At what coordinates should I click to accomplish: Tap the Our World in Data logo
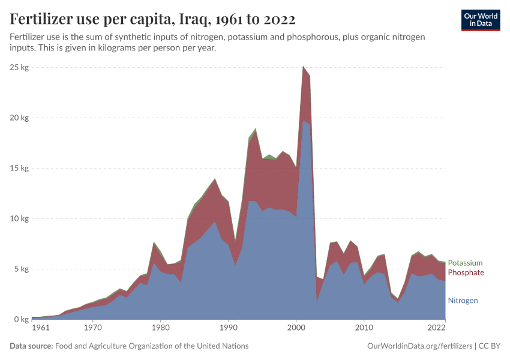(x=480, y=20)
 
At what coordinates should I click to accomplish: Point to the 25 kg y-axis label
(x=20, y=67)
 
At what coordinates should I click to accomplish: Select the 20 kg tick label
(x=20, y=118)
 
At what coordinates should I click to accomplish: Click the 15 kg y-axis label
(x=20, y=168)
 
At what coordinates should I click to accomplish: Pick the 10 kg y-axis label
(x=20, y=218)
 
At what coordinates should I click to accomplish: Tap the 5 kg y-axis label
(x=22, y=269)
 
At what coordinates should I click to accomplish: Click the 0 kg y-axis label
(x=22, y=319)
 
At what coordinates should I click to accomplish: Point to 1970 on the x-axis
(x=92, y=328)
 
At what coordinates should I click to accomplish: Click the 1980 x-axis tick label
(x=160, y=328)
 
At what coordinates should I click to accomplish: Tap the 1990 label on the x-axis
(x=228, y=328)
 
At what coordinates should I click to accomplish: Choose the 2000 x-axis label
(x=296, y=328)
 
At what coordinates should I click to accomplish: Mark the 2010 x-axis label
(x=364, y=328)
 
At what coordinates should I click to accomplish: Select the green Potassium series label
(x=465, y=263)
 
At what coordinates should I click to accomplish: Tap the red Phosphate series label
(x=466, y=272)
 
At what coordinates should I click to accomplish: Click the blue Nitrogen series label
(x=463, y=300)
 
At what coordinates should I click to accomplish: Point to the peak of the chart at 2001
(x=303, y=67)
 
